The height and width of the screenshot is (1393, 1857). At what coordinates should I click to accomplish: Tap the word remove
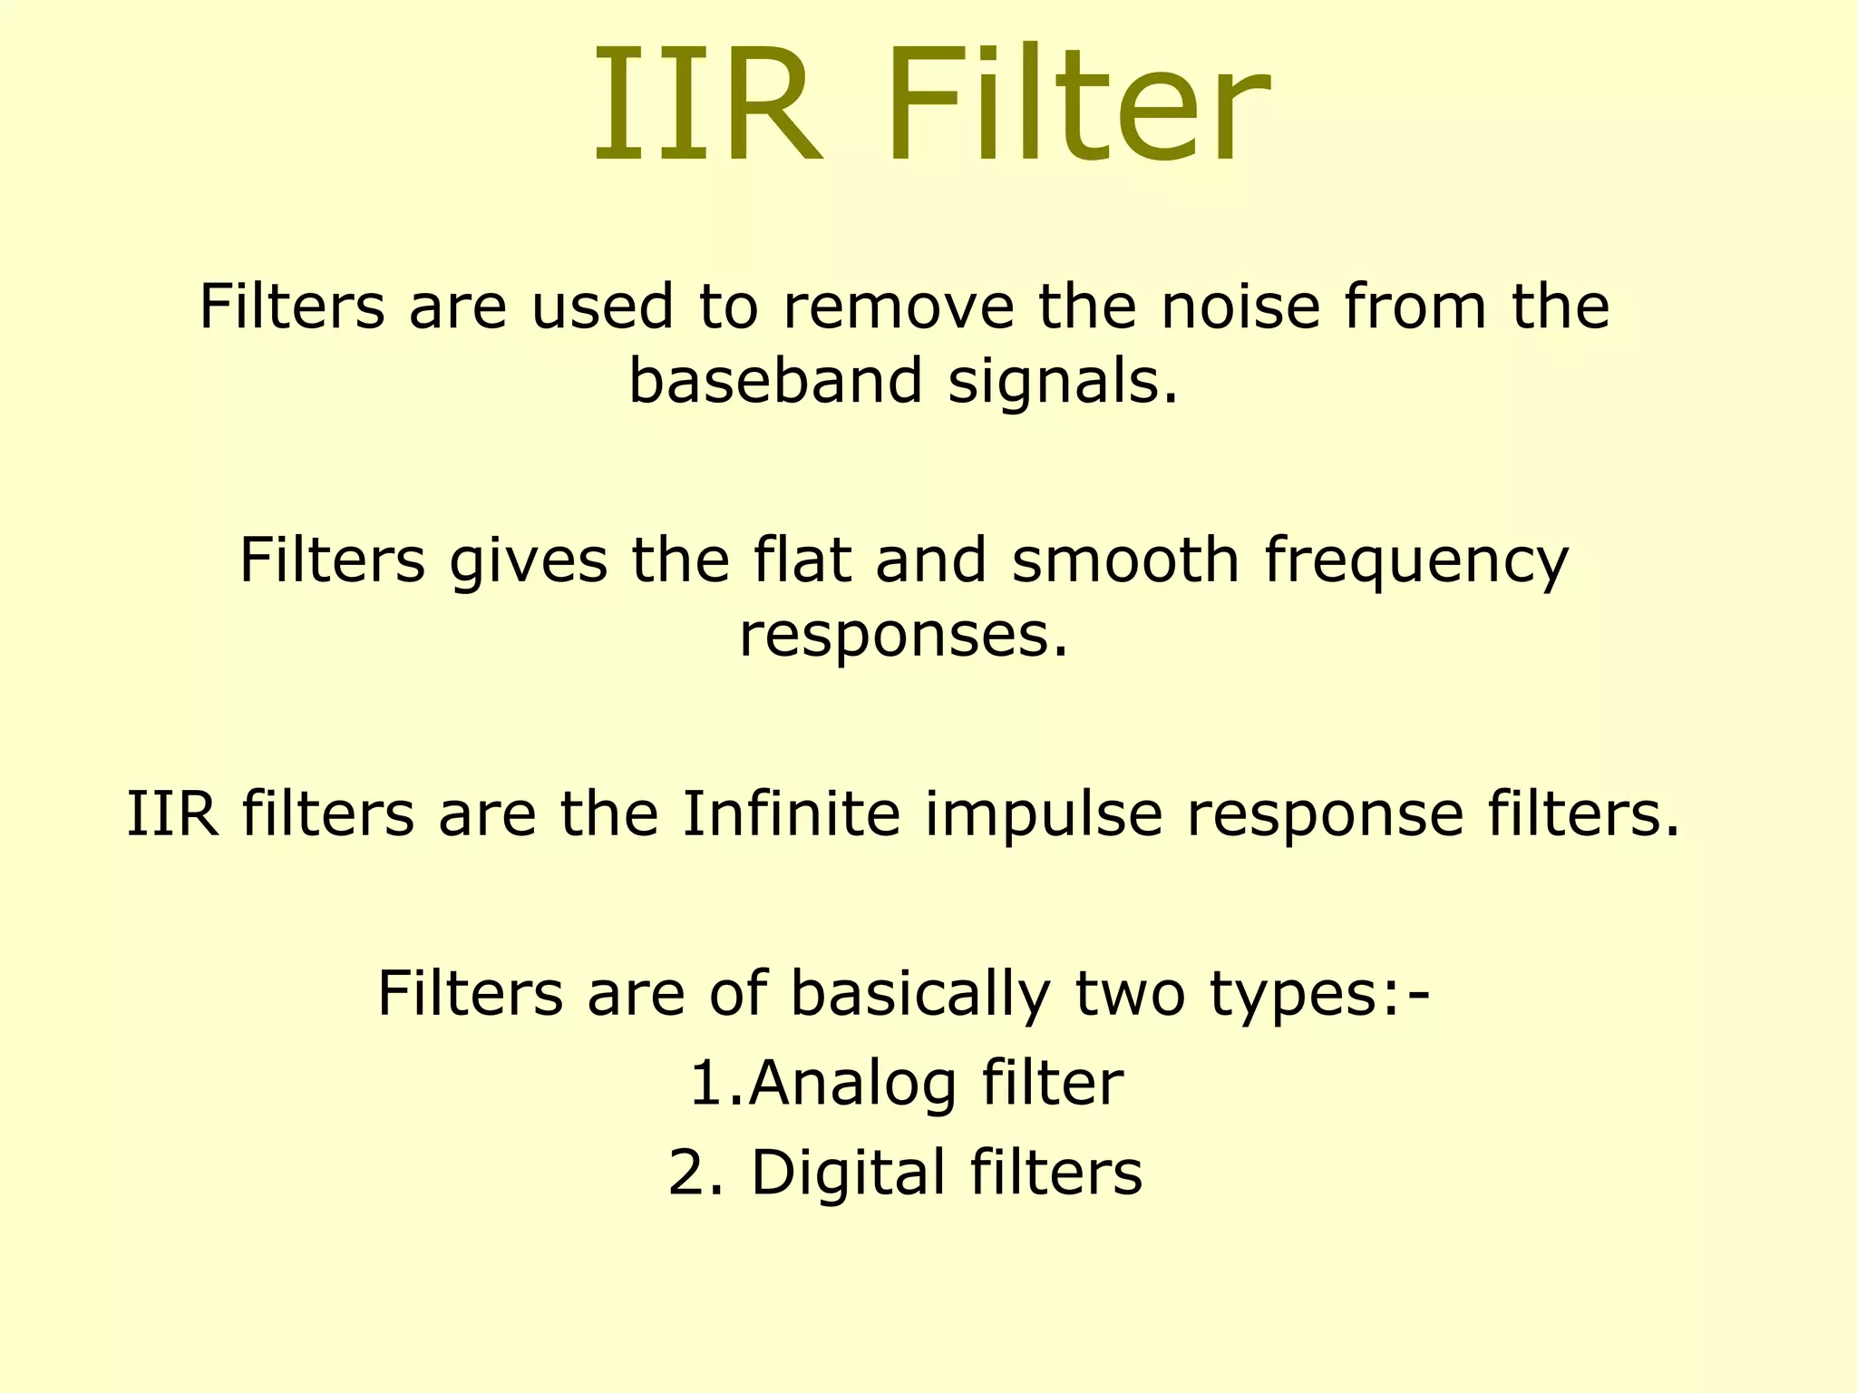pyautogui.click(x=898, y=307)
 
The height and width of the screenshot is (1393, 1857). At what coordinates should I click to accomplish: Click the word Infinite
pyautogui.click(x=791, y=813)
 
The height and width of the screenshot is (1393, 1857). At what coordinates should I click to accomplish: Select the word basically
pyautogui.click(x=919, y=994)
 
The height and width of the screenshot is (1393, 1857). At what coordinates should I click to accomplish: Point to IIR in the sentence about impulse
pyautogui.click(x=172, y=813)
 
